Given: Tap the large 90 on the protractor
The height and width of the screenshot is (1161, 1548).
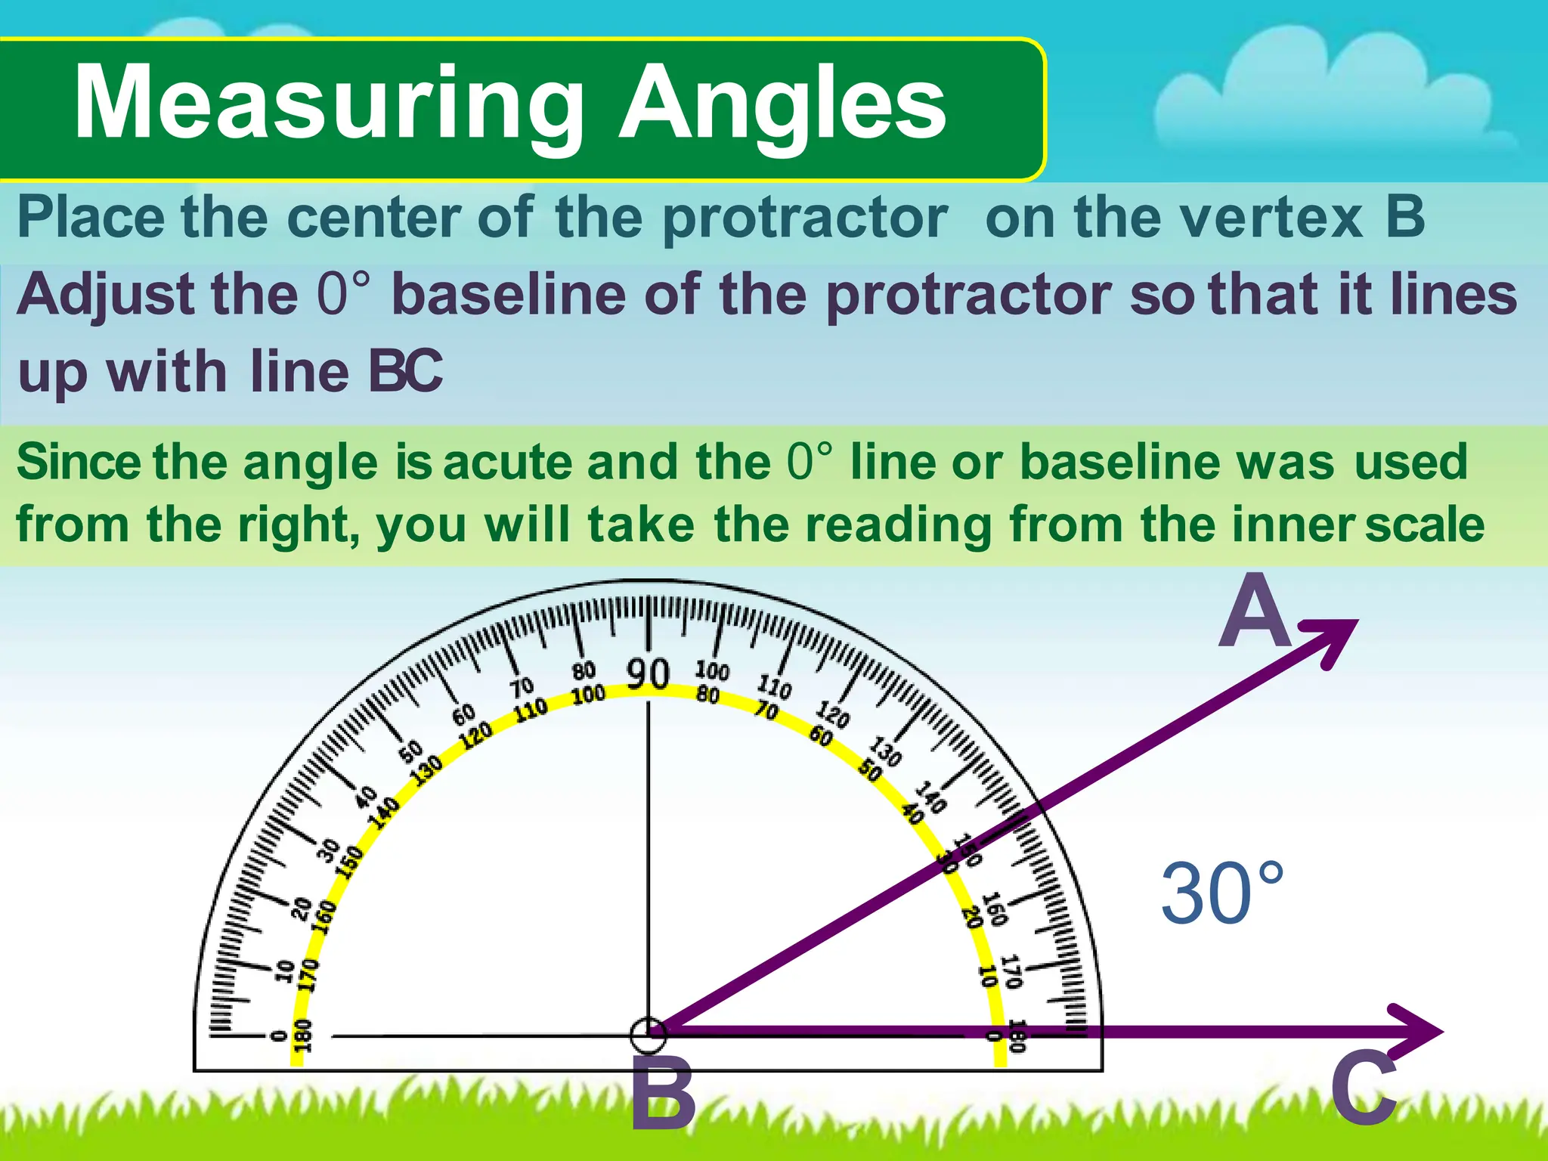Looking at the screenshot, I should pos(648,673).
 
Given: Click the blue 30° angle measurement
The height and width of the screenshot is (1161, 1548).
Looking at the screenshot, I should pos(1221,894).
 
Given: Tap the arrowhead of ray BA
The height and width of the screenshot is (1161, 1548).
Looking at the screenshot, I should pos(1333,639).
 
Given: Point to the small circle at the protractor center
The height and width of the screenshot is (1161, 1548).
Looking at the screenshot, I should pos(648,1034).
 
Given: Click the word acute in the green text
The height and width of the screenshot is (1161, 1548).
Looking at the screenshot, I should pos(508,462).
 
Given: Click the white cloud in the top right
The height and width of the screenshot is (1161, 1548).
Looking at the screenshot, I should pos(1330,98).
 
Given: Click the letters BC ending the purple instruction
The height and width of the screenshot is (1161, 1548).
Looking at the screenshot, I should pos(405,372).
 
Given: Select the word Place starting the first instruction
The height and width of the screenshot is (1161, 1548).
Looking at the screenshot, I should pos(91,218).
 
